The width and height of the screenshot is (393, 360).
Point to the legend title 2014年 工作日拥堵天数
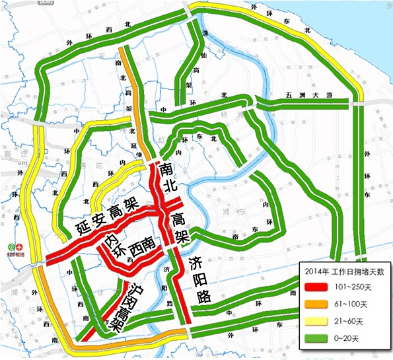(x=343, y=271)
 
